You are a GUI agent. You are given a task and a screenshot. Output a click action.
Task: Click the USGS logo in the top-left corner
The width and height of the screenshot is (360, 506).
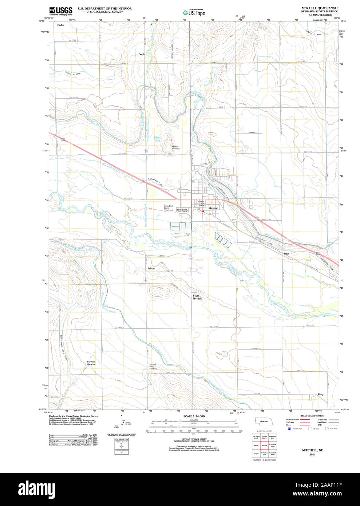[x=61, y=11]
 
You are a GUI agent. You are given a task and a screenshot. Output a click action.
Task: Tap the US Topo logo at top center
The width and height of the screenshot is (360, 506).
[x=194, y=12]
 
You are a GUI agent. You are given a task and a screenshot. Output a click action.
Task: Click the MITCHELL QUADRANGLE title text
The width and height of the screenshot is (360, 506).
[x=320, y=8]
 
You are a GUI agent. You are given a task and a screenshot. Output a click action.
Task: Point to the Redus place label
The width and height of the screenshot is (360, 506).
[x=61, y=25]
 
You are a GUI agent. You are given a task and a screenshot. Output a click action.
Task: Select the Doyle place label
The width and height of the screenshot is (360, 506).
[x=141, y=54]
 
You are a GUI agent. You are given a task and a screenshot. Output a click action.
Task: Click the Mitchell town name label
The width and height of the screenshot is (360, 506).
[x=213, y=209]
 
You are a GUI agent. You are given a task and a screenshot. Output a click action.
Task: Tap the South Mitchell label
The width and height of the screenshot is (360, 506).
[x=197, y=297]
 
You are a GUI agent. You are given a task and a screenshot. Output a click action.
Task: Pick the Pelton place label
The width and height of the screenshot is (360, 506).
[x=151, y=268]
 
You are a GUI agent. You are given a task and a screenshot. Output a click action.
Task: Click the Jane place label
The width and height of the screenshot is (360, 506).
[x=286, y=253]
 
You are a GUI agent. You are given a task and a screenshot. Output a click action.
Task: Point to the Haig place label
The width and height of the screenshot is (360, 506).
[x=320, y=394]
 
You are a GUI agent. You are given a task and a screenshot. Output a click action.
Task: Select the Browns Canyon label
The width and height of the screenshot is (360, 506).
[x=91, y=363]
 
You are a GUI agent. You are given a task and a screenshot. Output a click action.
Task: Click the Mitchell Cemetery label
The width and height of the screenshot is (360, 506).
[x=176, y=148]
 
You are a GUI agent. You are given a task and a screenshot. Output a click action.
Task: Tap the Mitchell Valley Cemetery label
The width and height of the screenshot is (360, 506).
[x=153, y=367]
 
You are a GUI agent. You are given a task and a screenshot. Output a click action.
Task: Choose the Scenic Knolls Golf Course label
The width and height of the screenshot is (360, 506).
[x=182, y=210]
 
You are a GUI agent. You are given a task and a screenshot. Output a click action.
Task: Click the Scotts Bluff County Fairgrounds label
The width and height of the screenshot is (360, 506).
[x=168, y=208]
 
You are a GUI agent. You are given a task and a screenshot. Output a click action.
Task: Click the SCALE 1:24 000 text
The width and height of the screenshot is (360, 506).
[x=194, y=416]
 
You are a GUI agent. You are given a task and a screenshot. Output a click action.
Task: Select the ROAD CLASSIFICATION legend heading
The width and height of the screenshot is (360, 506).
[x=312, y=416]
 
